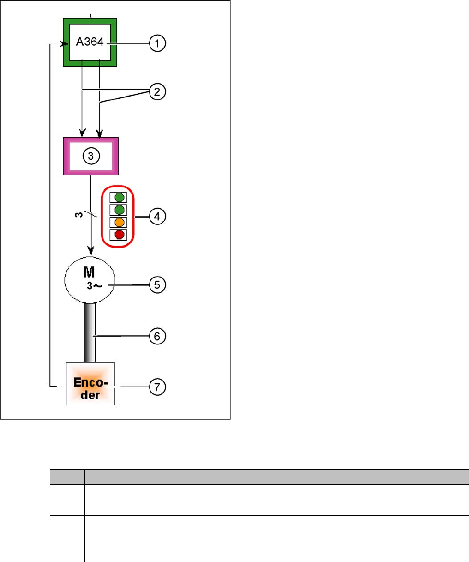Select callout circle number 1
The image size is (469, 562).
click(x=157, y=44)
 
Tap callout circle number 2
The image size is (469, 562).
click(x=157, y=91)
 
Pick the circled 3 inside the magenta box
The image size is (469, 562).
click(x=91, y=156)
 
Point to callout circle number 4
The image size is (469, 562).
click(x=157, y=216)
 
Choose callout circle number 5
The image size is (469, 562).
click(x=157, y=285)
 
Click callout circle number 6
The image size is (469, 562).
click(x=157, y=336)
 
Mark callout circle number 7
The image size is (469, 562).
click(x=157, y=387)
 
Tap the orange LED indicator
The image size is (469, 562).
click(x=120, y=222)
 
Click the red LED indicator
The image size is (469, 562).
click(x=120, y=235)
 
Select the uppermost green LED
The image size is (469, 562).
click(x=120, y=198)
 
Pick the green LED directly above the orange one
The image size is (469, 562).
click(x=120, y=210)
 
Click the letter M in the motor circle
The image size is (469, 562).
click(x=90, y=275)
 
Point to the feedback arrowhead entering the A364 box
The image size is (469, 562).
click(x=60, y=44)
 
